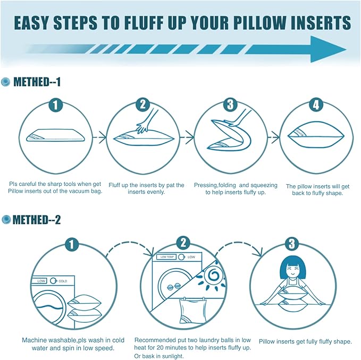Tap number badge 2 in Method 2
click(x=183, y=244)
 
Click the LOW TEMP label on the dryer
click(x=166, y=256)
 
